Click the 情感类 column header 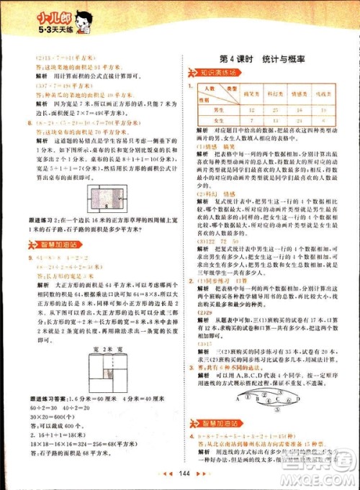(301, 94)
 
